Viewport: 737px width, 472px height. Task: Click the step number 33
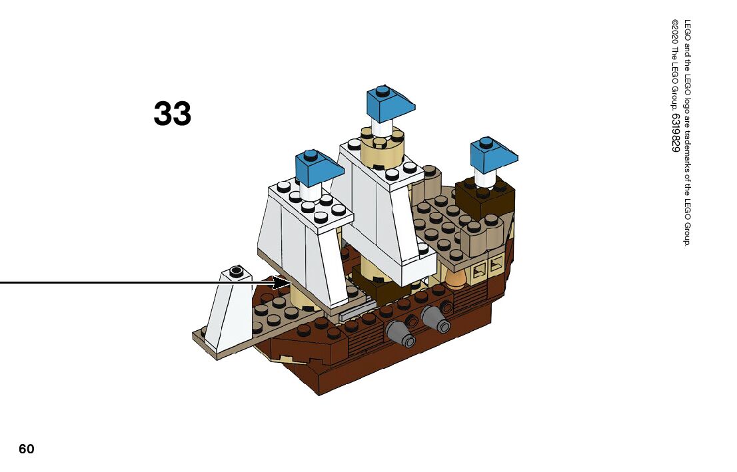point(173,114)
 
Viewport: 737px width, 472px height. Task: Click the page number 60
point(26,449)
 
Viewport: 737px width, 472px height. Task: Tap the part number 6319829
point(675,133)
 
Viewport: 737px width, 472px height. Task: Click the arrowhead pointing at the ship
point(284,282)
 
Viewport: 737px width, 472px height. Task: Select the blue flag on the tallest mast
point(388,103)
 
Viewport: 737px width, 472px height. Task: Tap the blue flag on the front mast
point(317,166)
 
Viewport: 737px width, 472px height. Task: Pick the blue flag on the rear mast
point(492,154)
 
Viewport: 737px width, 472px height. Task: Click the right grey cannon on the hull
point(436,320)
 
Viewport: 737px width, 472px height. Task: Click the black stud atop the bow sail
point(235,271)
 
